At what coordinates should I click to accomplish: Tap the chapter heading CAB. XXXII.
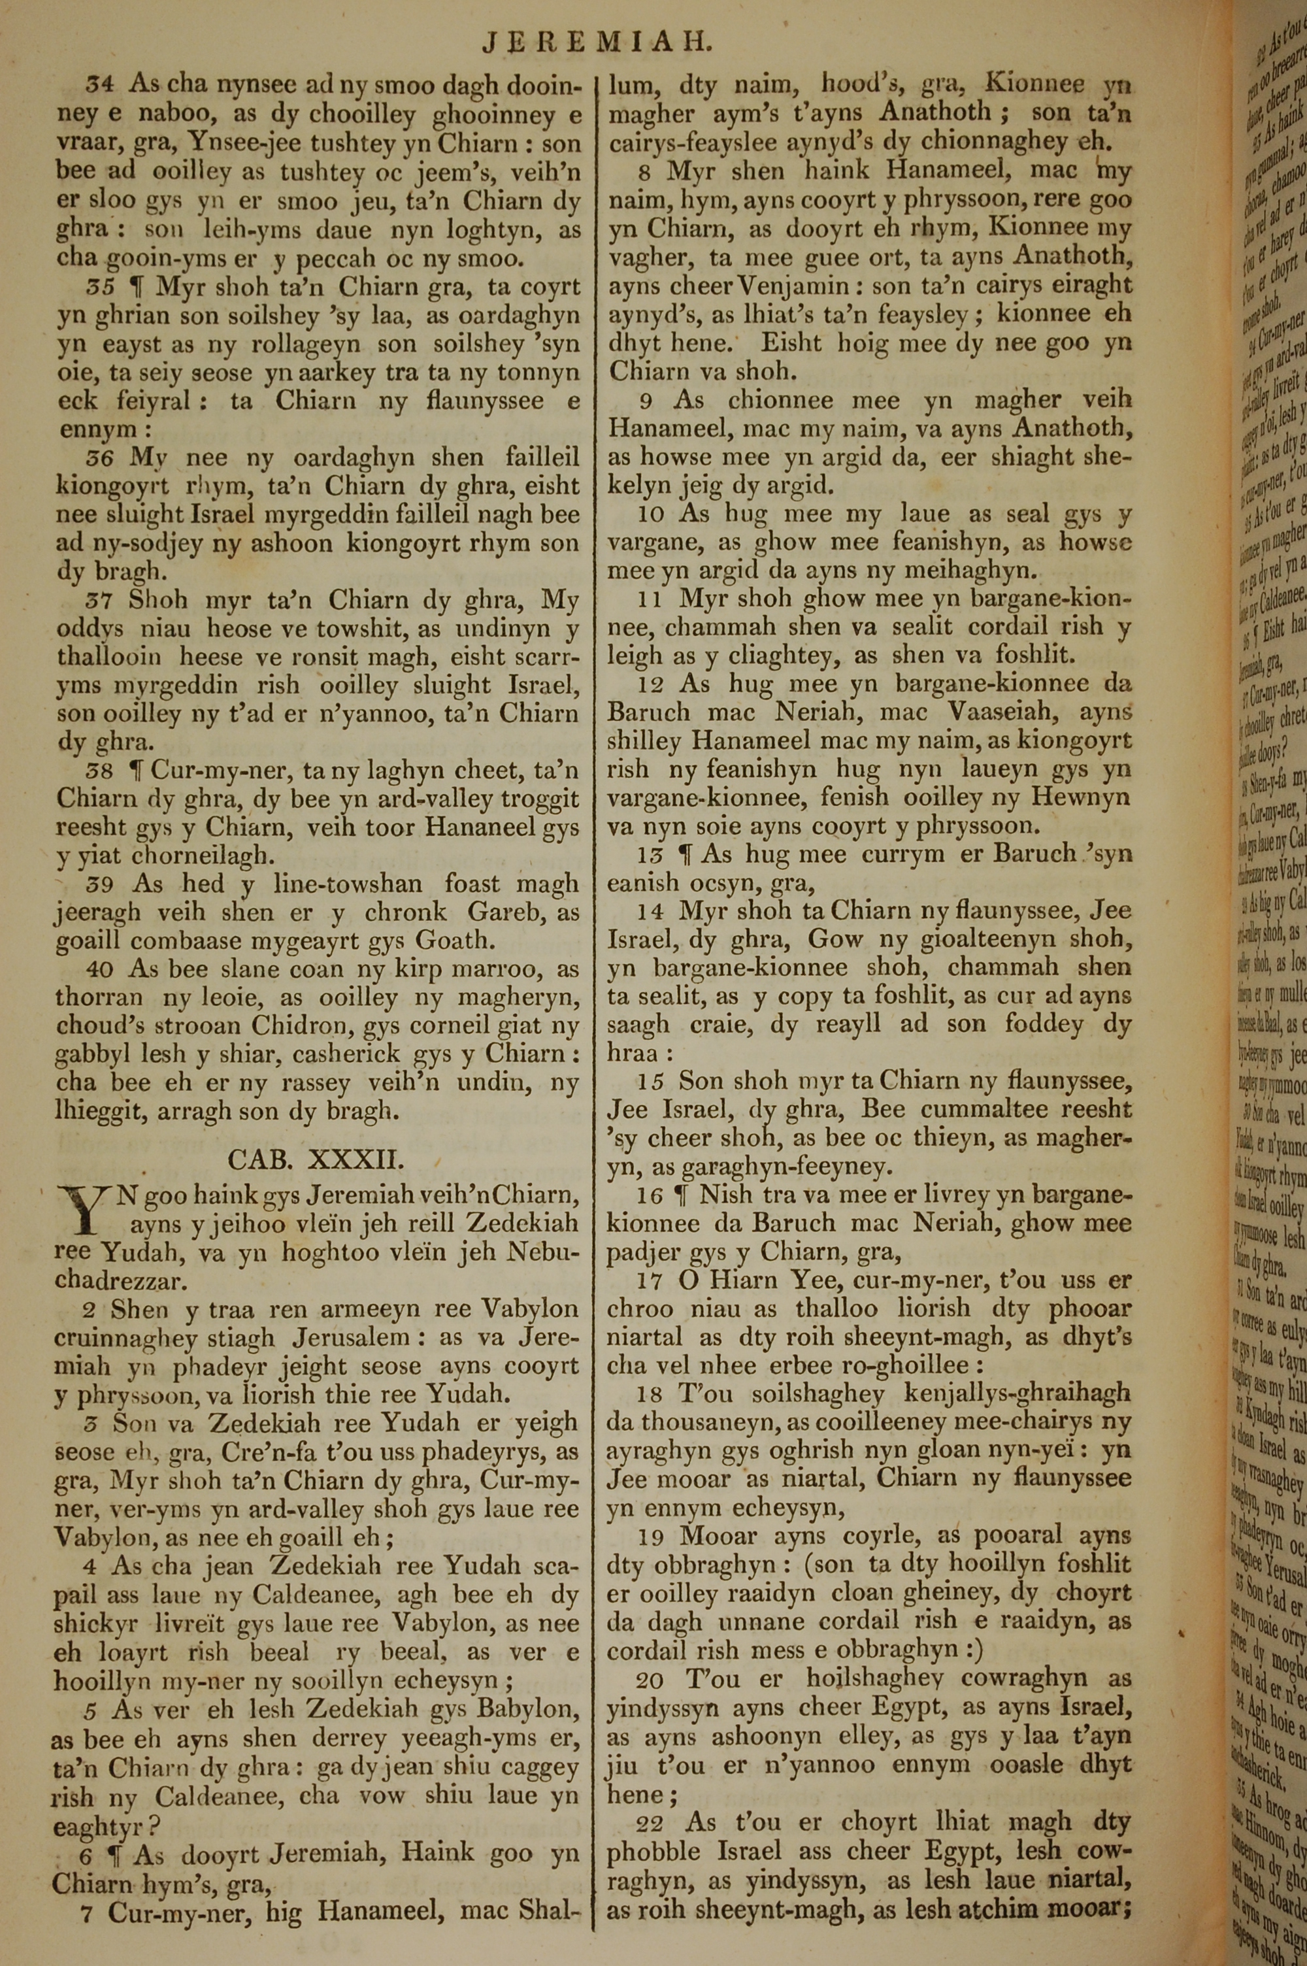tap(316, 1159)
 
